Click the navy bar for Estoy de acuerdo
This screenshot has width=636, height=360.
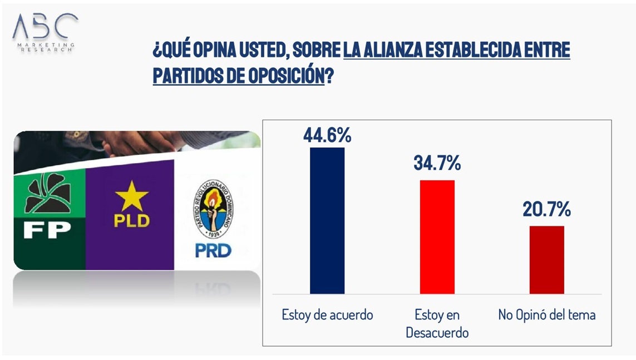(x=327, y=220)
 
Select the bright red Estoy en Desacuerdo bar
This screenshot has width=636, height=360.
(x=437, y=236)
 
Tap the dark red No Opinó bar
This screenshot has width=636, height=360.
(x=546, y=259)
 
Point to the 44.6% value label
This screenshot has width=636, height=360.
(x=327, y=135)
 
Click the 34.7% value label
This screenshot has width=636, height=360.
(x=437, y=164)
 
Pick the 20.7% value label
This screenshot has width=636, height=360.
(x=546, y=209)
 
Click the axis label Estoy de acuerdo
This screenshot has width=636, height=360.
(x=327, y=315)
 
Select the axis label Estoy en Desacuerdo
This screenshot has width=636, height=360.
(x=437, y=323)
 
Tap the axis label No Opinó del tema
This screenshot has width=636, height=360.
(x=546, y=315)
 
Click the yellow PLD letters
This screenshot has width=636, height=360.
(x=132, y=221)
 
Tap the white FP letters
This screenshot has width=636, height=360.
(x=47, y=230)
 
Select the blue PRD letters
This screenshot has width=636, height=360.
(x=213, y=250)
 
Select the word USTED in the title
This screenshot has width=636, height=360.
(x=253, y=51)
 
